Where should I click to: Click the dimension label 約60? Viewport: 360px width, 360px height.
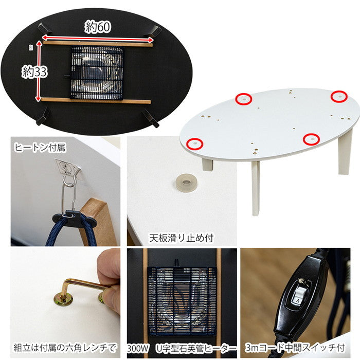(97, 27)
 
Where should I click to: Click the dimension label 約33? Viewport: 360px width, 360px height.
(34, 72)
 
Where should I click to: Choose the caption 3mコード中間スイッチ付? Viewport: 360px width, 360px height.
(301, 347)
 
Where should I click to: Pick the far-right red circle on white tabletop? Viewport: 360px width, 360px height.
(338, 96)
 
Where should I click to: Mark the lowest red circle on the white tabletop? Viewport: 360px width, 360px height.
(311, 139)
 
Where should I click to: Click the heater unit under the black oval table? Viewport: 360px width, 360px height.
(97, 73)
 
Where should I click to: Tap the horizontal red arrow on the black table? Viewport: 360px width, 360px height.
(97, 37)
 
